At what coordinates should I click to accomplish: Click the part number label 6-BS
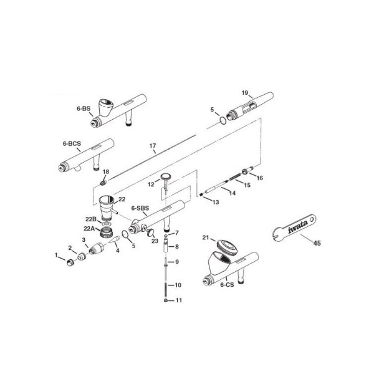(x=84, y=108)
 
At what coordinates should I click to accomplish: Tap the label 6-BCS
(x=72, y=143)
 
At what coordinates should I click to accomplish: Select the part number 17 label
(x=153, y=146)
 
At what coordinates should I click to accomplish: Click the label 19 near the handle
(x=245, y=93)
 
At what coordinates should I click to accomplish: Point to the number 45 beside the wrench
(x=317, y=243)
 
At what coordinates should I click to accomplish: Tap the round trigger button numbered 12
(x=166, y=177)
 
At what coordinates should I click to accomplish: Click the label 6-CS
(x=227, y=285)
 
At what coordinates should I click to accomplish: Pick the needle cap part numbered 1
(x=70, y=262)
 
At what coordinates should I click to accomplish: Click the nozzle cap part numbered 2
(x=82, y=257)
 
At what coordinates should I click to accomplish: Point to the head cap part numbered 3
(x=96, y=249)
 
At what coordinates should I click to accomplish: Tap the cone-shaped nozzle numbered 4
(x=114, y=239)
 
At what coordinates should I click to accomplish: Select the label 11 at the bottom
(x=179, y=300)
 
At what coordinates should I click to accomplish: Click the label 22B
(x=90, y=219)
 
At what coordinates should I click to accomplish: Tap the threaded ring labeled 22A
(x=107, y=232)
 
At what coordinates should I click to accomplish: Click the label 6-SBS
(x=140, y=208)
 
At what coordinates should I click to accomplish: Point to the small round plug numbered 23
(x=150, y=232)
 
